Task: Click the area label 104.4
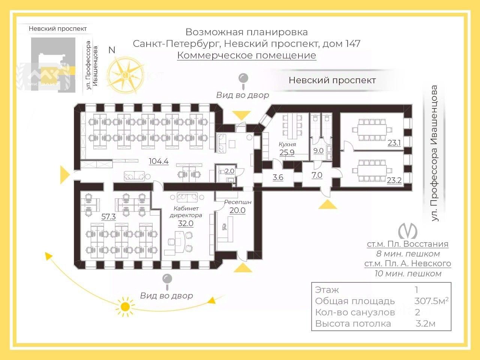pyautogui.click(x=159, y=162)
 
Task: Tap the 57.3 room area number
pyautogui.click(x=108, y=217)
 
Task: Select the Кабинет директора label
pyautogui.click(x=186, y=212)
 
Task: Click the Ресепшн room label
pyautogui.click(x=238, y=202)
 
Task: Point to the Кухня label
pyautogui.click(x=287, y=144)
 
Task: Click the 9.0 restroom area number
pyautogui.click(x=318, y=151)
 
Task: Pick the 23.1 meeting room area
pyautogui.click(x=394, y=143)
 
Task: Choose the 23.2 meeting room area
pyautogui.click(x=394, y=180)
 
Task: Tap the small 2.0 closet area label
pyautogui.click(x=229, y=171)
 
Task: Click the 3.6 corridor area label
pyautogui.click(x=278, y=177)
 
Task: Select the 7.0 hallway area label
pyautogui.click(x=317, y=175)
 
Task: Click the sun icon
pyautogui.click(x=125, y=306)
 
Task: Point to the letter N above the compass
pyautogui.click(x=112, y=50)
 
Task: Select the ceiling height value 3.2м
pyautogui.click(x=425, y=323)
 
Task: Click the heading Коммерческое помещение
pyautogui.click(x=246, y=55)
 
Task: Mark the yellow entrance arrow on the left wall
pyautogui.click(x=64, y=174)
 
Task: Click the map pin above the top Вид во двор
pyautogui.click(x=243, y=79)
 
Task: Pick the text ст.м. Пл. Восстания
pyautogui.click(x=408, y=244)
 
